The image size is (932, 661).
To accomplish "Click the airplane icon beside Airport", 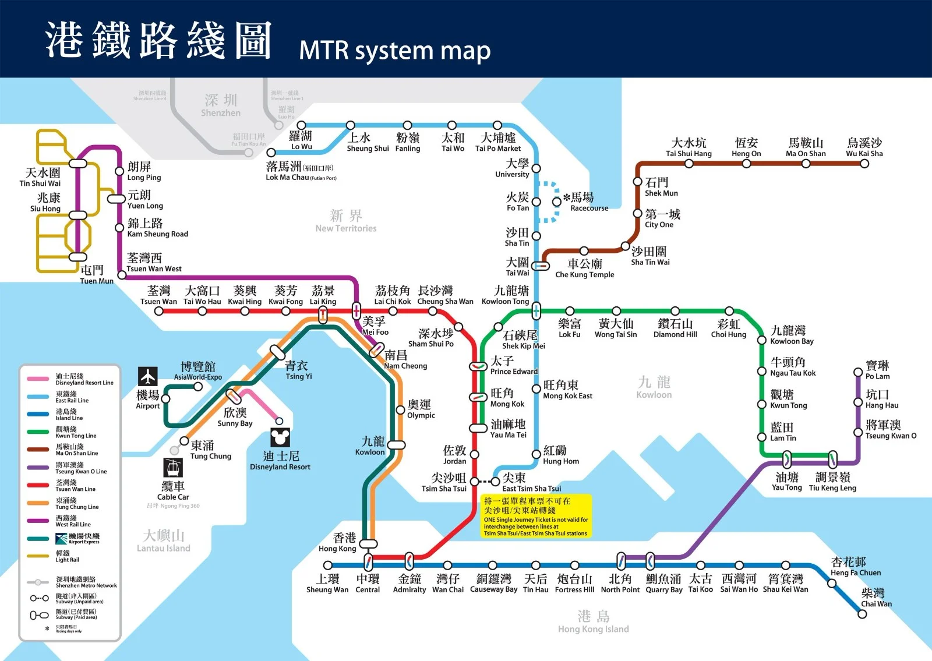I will (x=148, y=376).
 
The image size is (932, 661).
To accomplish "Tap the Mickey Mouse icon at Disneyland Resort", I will (x=280, y=437).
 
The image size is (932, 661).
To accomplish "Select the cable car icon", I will (x=173, y=467).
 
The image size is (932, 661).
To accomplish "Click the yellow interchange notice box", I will (x=536, y=516).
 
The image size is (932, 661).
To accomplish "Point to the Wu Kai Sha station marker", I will (x=864, y=164).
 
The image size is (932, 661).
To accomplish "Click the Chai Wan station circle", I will (x=862, y=614).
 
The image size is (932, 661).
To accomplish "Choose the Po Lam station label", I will (x=877, y=370).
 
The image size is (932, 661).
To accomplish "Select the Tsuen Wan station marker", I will (x=158, y=311).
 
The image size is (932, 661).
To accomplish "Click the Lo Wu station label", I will (x=301, y=140).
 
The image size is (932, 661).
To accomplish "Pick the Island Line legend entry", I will (x=69, y=414).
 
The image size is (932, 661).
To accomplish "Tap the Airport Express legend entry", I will (x=77, y=538).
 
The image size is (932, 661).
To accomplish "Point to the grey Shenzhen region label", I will (x=221, y=105).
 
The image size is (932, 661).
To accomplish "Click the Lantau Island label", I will (x=163, y=541).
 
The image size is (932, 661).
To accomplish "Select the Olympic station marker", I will (x=400, y=410).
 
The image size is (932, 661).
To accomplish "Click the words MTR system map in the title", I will (x=394, y=51).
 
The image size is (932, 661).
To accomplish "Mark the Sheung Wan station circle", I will (x=327, y=565).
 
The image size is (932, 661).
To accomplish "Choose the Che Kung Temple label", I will (x=584, y=268).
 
